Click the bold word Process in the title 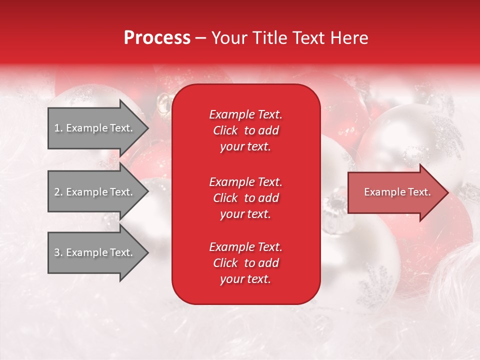click(157, 38)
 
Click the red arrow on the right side click(395, 192)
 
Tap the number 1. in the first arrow click(58, 128)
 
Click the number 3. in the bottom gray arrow click(58, 252)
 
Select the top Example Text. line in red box click(245, 114)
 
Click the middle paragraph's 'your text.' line click(245, 214)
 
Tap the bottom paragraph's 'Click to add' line click(245, 263)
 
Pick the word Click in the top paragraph click(225, 130)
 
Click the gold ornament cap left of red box click(163, 102)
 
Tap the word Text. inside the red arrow click(418, 192)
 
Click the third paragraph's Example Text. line click(245, 247)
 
